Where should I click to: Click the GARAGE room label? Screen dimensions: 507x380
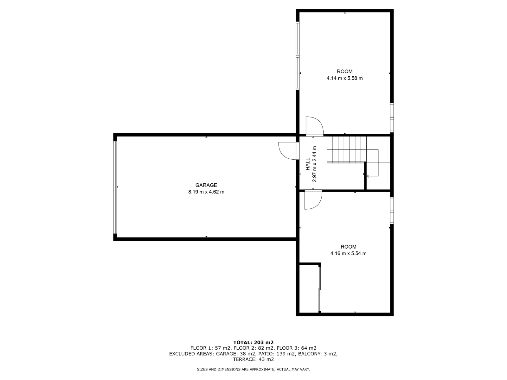(x=206, y=185)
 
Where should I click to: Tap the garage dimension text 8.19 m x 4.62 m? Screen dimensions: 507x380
(x=206, y=192)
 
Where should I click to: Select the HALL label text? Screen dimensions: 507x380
(x=308, y=164)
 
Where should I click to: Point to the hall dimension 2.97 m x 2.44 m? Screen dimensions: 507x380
(x=314, y=164)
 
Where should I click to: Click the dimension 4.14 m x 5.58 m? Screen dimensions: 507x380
(x=344, y=78)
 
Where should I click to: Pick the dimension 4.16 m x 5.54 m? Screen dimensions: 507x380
(x=348, y=253)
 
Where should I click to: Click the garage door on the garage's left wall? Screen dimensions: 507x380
(x=115, y=187)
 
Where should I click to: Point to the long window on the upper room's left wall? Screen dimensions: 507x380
(x=298, y=56)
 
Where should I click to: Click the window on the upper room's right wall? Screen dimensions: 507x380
(x=392, y=118)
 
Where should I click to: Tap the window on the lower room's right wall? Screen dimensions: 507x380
(x=392, y=210)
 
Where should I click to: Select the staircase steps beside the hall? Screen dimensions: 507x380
(x=346, y=150)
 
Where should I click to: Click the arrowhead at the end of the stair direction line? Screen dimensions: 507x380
(x=368, y=176)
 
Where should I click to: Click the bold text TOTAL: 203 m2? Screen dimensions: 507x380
(x=253, y=342)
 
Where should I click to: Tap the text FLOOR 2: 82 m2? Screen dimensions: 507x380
(x=253, y=348)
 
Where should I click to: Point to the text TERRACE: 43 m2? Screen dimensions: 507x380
(x=253, y=359)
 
